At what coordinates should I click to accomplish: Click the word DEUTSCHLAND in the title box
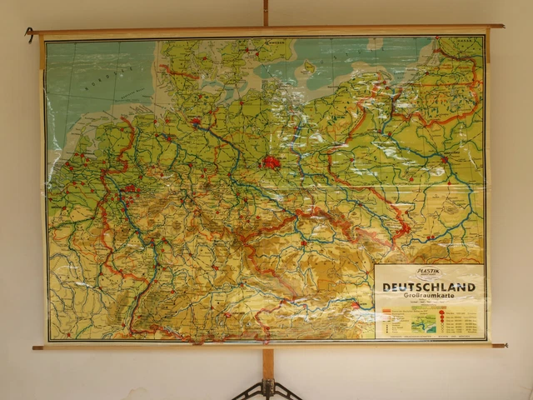429,287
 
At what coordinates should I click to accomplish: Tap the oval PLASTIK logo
429,272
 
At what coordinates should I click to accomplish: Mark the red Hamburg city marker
197,123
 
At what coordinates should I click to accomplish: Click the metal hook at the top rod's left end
29,34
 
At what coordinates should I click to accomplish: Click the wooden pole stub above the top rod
266,12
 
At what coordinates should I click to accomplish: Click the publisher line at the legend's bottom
429,336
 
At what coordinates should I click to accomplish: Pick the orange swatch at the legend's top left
387,309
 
